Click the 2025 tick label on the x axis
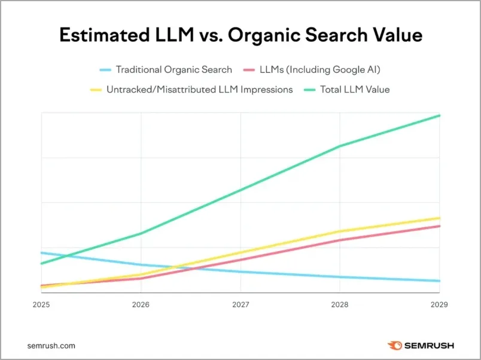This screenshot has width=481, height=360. click(x=41, y=304)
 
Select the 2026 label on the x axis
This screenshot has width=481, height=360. click(x=141, y=304)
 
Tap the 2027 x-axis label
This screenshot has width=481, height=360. click(x=240, y=304)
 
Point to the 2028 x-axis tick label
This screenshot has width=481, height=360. click(x=340, y=304)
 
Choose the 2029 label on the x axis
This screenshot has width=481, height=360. click(x=439, y=304)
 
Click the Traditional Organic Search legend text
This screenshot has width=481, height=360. click(x=173, y=69)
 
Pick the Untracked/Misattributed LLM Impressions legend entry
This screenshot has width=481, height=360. click(x=199, y=90)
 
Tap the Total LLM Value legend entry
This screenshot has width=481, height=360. click(x=354, y=90)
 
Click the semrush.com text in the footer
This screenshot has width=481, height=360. click(x=51, y=346)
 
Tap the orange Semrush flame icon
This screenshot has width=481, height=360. click(x=395, y=346)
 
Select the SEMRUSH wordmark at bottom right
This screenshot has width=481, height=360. click(x=429, y=346)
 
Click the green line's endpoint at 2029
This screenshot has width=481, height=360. click(x=439, y=115)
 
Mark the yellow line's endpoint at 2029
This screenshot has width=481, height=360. click(x=439, y=218)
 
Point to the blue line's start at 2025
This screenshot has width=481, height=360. click(x=41, y=253)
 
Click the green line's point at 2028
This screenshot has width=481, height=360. click(x=340, y=146)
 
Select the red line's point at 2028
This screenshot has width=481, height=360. click(x=340, y=240)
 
